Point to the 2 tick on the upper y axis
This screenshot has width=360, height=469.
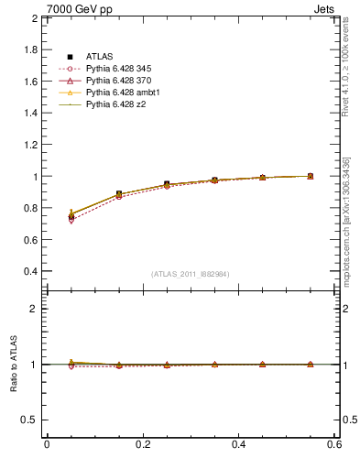[33, 18]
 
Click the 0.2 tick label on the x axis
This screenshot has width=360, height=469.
[142, 444]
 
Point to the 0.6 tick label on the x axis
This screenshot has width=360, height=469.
[334, 444]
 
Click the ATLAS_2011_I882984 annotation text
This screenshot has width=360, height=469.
[191, 274]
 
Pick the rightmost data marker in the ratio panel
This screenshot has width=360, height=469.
[310, 365]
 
